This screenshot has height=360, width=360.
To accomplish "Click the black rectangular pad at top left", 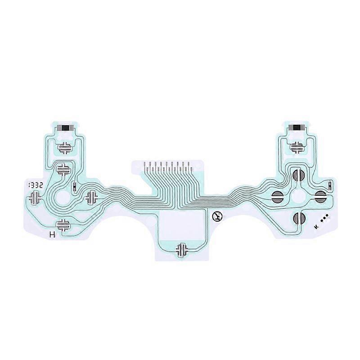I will point(65,128).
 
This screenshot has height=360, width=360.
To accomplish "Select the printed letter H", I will point(52,234).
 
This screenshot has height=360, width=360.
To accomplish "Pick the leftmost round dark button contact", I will point(277,196).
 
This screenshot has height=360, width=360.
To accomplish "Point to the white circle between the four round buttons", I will point(298,196).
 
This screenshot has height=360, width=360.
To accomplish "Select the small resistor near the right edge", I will point(329,184).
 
